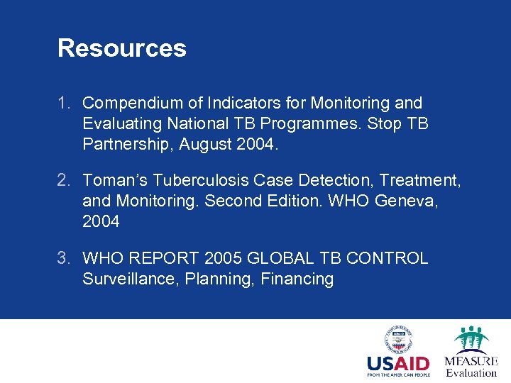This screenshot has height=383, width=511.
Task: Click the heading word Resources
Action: pos(121,48)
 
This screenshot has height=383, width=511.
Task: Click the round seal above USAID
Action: pos(397,340)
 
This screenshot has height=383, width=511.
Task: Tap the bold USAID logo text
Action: pos(397,365)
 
